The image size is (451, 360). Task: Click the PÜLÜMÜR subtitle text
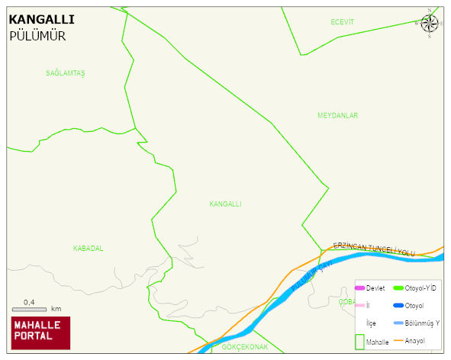click(x=37, y=36)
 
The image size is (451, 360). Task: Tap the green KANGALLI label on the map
click(x=225, y=204)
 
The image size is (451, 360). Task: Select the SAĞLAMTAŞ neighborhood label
click(x=66, y=73)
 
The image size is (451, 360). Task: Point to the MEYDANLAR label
click(x=337, y=116)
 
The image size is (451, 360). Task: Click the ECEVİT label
click(x=343, y=22)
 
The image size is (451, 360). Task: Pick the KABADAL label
click(x=88, y=249)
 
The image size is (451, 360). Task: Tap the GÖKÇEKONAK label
click(x=245, y=346)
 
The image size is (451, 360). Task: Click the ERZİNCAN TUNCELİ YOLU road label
click(x=374, y=249)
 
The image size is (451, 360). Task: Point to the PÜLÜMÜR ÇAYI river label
click(x=308, y=279)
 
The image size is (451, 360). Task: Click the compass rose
click(x=429, y=24)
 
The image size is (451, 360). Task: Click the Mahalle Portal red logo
click(x=40, y=333)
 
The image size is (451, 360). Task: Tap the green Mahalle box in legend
click(x=359, y=342)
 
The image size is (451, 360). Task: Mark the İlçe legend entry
click(x=371, y=323)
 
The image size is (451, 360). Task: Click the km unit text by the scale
click(x=56, y=310)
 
